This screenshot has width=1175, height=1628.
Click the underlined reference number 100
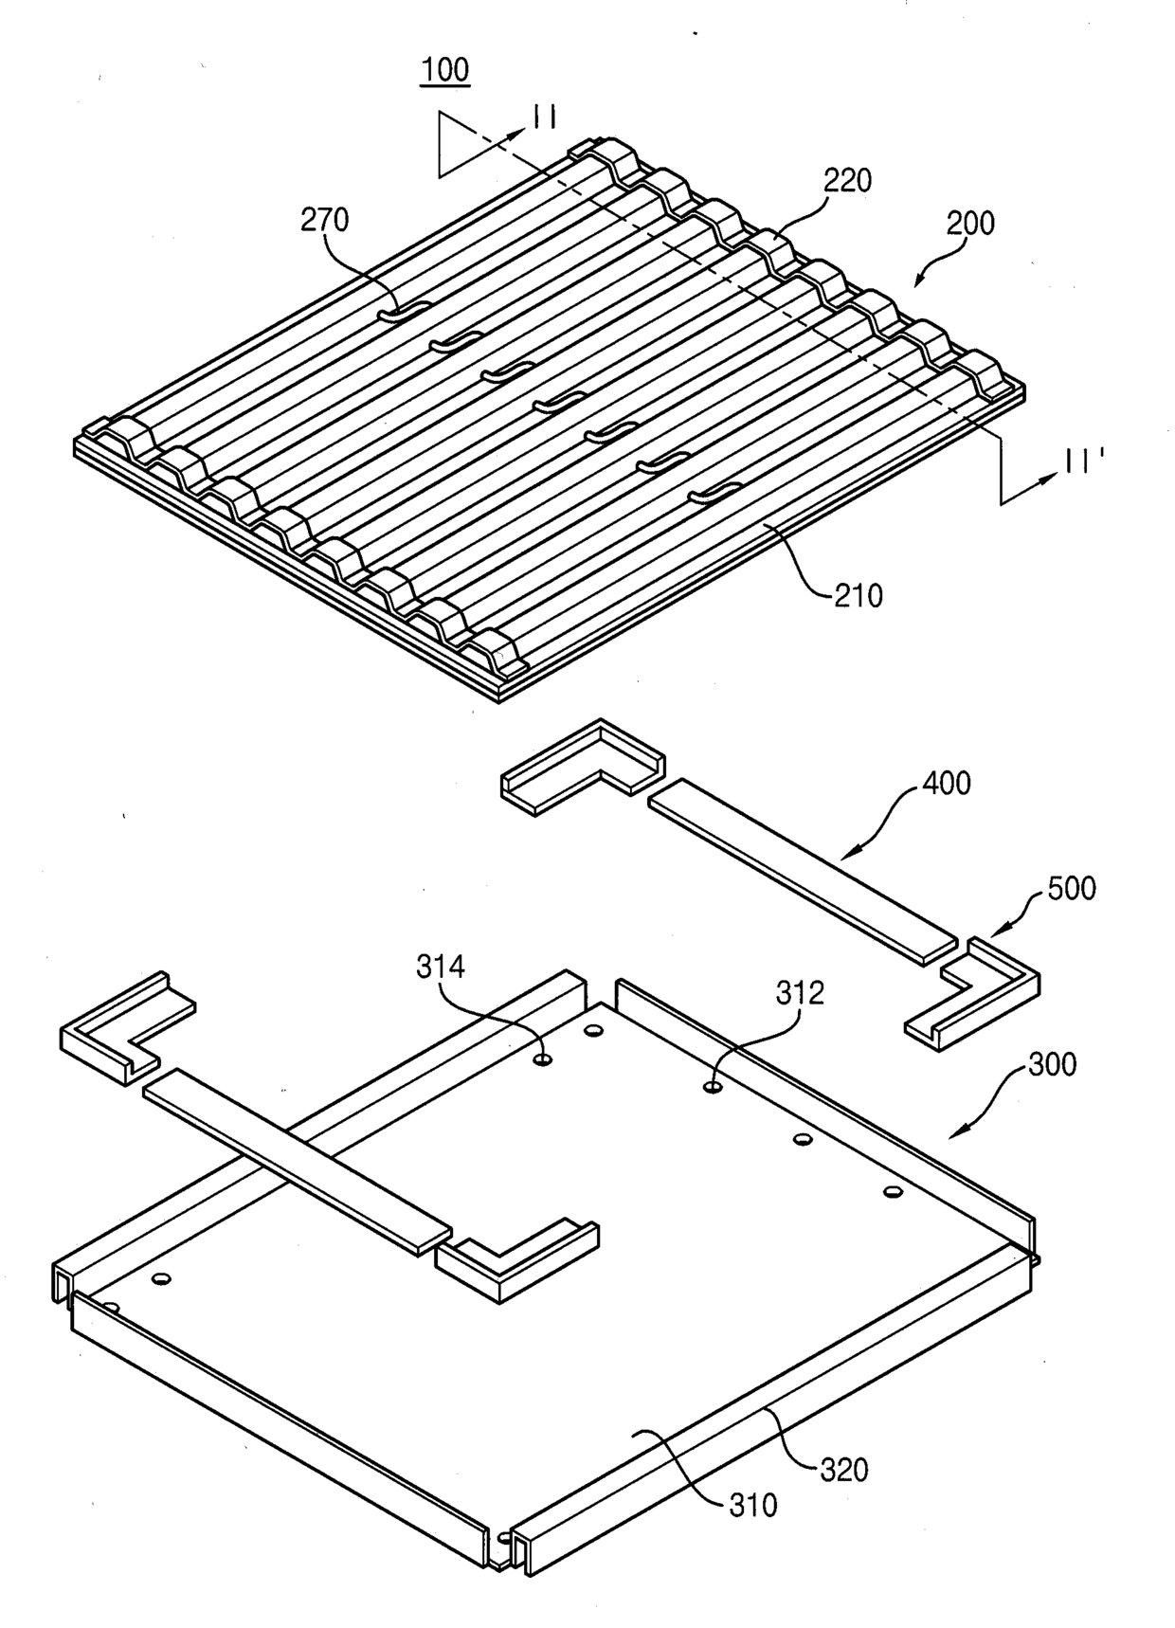pyautogui.click(x=445, y=70)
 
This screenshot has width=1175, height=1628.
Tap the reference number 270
pyautogui.click(x=325, y=220)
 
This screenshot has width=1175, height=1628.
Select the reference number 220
pyautogui.click(x=847, y=180)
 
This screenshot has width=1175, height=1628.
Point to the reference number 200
pyautogui.click(x=970, y=224)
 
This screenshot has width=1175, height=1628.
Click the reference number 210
pyautogui.click(x=858, y=595)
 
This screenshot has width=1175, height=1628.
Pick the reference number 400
pyautogui.click(x=947, y=783)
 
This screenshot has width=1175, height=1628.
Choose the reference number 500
pyautogui.click(x=1072, y=888)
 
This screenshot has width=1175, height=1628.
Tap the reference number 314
pyautogui.click(x=441, y=967)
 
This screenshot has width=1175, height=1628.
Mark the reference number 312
pyautogui.click(x=800, y=992)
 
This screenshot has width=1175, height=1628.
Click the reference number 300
pyautogui.click(x=1052, y=1064)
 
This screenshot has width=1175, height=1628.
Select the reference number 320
pyautogui.click(x=843, y=1470)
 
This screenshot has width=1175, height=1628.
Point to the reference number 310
pyautogui.click(x=753, y=1504)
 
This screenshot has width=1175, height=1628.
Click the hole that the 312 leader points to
pyautogui.click(x=713, y=1086)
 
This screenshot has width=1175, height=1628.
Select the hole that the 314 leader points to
pyautogui.click(x=543, y=1059)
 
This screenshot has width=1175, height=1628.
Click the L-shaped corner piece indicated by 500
pyautogui.click(x=976, y=995)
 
